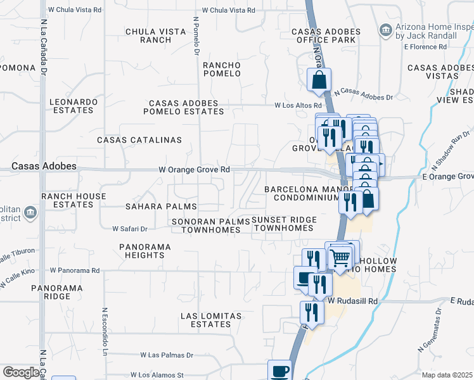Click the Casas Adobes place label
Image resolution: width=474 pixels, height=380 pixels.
(x=44, y=166)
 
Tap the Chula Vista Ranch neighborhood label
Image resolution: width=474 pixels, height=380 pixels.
(x=148, y=35)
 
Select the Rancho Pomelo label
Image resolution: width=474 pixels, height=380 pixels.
(x=222, y=69)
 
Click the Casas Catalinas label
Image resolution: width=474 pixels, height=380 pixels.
(x=139, y=139)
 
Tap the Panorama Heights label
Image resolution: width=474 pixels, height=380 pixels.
(x=144, y=251)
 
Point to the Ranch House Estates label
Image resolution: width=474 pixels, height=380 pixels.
(x=74, y=200)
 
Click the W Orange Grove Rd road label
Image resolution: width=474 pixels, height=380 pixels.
(x=194, y=170)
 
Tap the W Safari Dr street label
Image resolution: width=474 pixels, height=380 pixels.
(x=129, y=229)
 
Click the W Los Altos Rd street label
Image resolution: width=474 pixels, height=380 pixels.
(x=298, y=105)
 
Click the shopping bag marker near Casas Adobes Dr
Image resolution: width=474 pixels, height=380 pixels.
(x=319, y=80)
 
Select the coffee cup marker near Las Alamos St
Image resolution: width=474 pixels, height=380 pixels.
(x=279, y=370)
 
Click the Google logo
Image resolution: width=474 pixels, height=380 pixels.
(x=21, y=372)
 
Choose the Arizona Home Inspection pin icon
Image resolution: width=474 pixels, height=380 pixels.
(x=385, y=30)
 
